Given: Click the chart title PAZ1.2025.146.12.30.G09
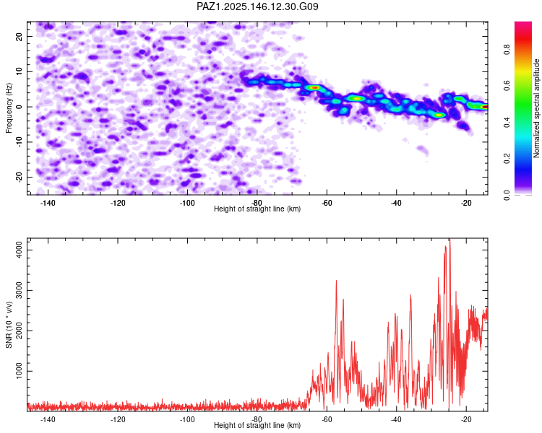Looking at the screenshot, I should point(258,6).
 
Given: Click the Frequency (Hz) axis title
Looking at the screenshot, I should point(9,108).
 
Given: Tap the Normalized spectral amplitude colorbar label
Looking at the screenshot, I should point(537,108).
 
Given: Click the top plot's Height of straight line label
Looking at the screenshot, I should point(257,209).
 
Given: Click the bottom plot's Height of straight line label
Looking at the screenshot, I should point(257,425).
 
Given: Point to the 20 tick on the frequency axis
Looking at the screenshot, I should point(20,36).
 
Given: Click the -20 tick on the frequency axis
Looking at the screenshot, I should point(19,177).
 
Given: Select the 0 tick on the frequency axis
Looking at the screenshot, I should point(22,107).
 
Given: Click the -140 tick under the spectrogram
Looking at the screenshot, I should point(48,202).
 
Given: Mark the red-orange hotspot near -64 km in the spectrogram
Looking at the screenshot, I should point(314,87).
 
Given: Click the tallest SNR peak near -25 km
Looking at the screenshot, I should point(449,240).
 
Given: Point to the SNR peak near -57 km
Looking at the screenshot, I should point(336,281).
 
